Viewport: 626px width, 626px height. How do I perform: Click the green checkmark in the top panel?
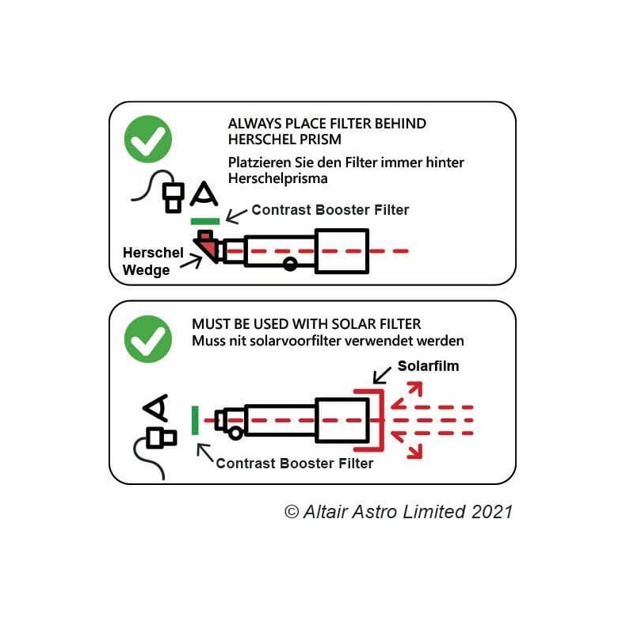[x=148, y=139]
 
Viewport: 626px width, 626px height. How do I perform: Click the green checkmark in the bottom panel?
[x=148, y=338]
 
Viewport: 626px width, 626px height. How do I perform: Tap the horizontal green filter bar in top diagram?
[x=205, y=219]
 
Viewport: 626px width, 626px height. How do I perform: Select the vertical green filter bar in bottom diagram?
[x=195, y=419]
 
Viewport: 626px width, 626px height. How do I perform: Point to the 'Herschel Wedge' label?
[x=152, y=261]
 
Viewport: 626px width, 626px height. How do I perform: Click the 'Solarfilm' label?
[x=428, y=367]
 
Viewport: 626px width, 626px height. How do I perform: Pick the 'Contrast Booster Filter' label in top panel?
[x=330, y=210]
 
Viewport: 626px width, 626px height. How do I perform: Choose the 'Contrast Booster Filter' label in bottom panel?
[x=294, y=463]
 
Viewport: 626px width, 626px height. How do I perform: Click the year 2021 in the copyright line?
[x=492, y=511]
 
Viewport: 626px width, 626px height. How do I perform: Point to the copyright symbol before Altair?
[x=291, y=512]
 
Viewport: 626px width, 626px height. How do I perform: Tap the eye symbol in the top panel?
[x=204, y=194]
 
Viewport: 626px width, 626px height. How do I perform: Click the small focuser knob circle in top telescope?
[x=291, y=264]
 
